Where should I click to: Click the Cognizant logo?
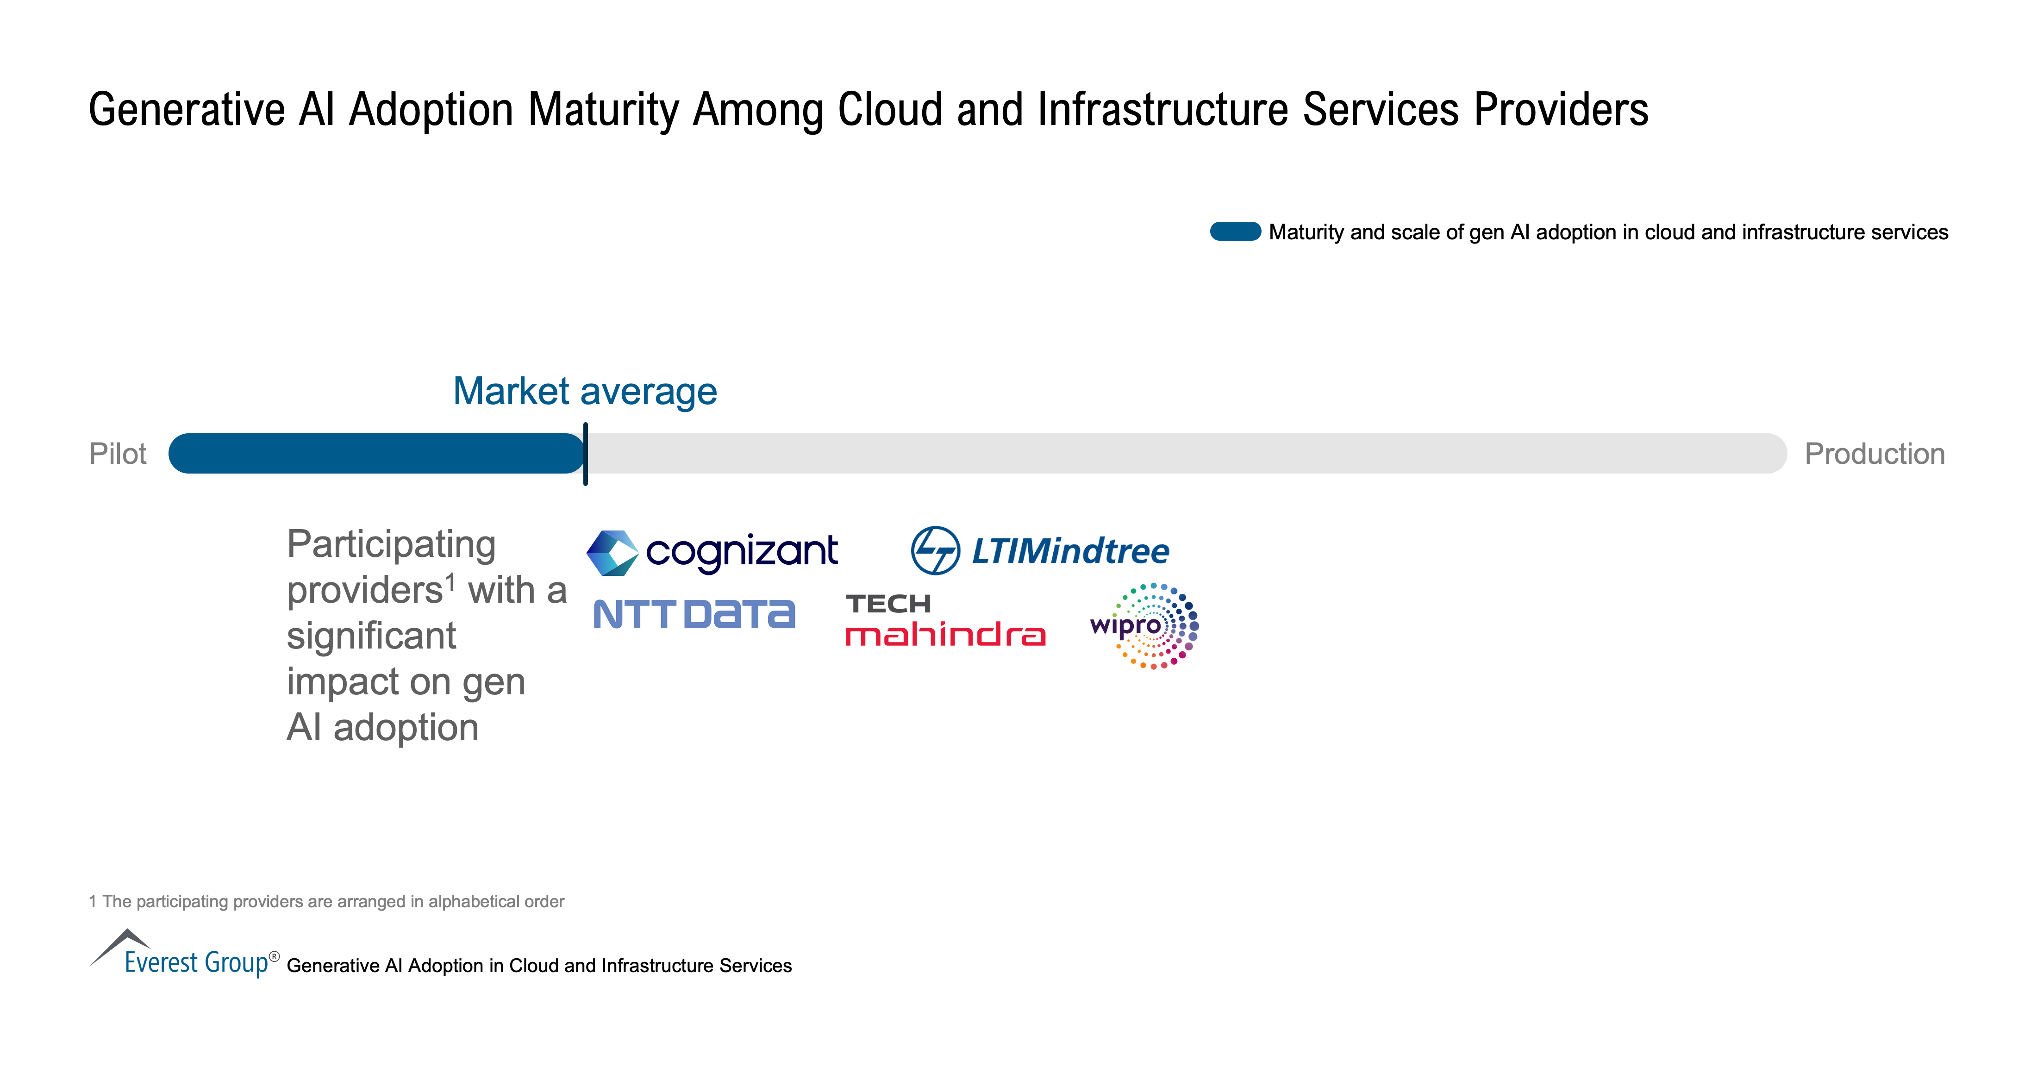pyautogui.click(x=712, y=552)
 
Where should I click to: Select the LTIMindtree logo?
pyautogui.click(x=1040, y=550)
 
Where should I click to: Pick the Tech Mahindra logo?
pyautogui.click(x=945, y=620)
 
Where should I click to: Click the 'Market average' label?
pyautogui.click(x=585, y=392)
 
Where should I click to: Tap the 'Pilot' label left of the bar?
pyautogui.click(x=118, y=454)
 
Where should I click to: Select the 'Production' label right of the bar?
pyautogui.click(x=1874, y=454)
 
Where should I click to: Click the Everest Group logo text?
pyautogui.click(x=197, y=962)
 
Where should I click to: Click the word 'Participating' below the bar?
pyautogui.click(x=391, y=545)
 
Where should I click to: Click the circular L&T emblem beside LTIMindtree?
pyautogui.click(x=936, y=550)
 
